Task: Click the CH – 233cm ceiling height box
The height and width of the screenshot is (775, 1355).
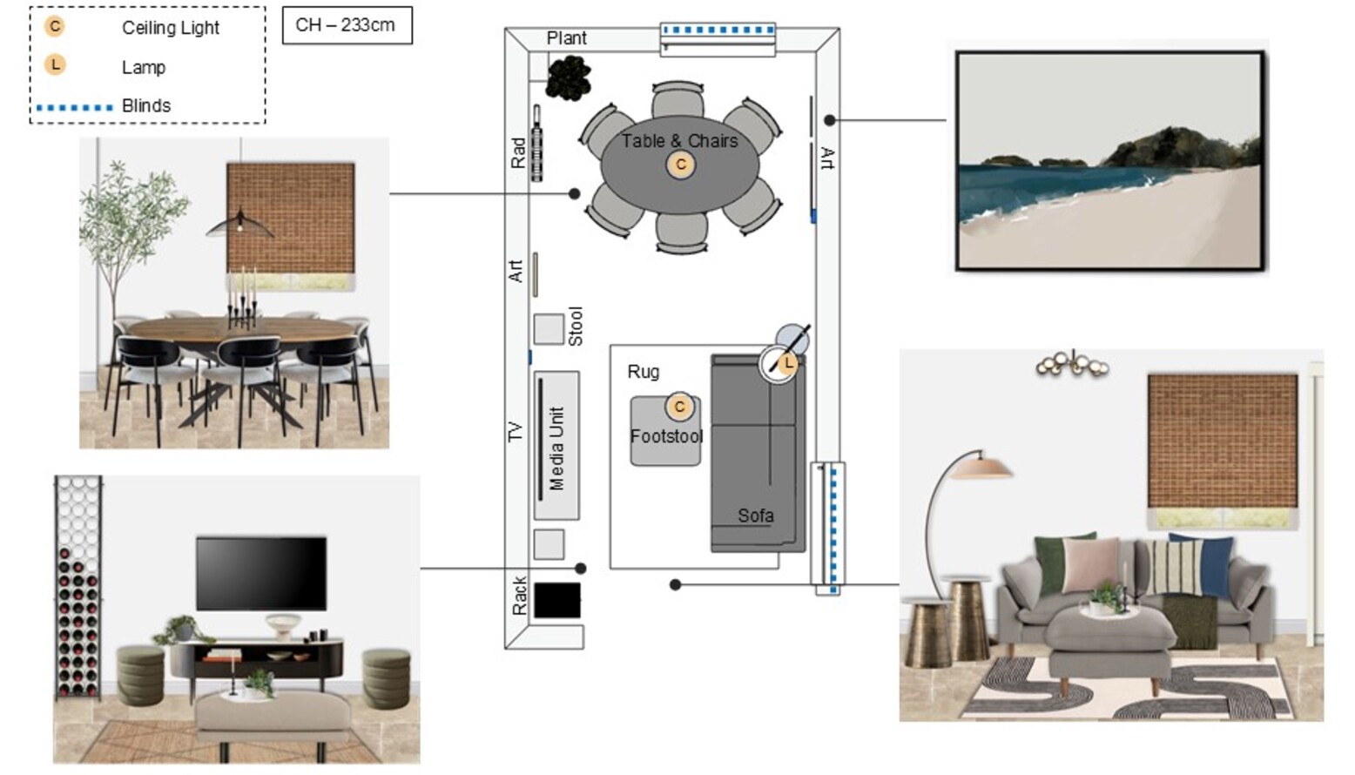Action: pos(347,25)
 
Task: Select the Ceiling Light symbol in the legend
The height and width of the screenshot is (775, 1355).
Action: pos(55,27)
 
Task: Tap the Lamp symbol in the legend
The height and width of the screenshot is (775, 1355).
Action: pos(55,64)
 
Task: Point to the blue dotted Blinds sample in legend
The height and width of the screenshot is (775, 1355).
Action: pos(74,108)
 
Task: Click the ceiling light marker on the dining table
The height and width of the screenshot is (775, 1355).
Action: pos(680,165)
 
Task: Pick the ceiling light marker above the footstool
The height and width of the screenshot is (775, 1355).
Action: pos(679,407)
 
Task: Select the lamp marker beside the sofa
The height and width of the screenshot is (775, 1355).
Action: pos(787,364)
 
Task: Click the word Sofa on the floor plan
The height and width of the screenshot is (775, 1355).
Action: pos(756,516)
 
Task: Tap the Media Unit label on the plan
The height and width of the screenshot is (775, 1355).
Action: pos(556,448)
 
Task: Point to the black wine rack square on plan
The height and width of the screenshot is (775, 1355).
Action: pos(557,600)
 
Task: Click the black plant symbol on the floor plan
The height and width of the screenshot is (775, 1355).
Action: pos(568,78)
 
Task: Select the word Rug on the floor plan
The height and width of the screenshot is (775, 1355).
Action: pos(643,372)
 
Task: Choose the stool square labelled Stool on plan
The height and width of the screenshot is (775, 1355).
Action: pos(549,330)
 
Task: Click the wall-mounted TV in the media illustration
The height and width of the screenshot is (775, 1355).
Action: pos(261,573)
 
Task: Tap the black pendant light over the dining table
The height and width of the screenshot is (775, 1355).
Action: pos(239,224)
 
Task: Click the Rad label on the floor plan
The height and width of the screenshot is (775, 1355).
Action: pos(518,152)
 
